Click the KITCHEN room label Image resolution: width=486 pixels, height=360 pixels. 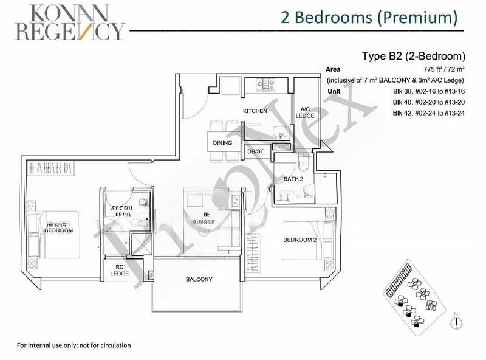coord(255,111)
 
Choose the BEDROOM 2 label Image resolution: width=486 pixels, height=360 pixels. coord(300,240)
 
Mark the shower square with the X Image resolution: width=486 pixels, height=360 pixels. coord(140,244)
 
